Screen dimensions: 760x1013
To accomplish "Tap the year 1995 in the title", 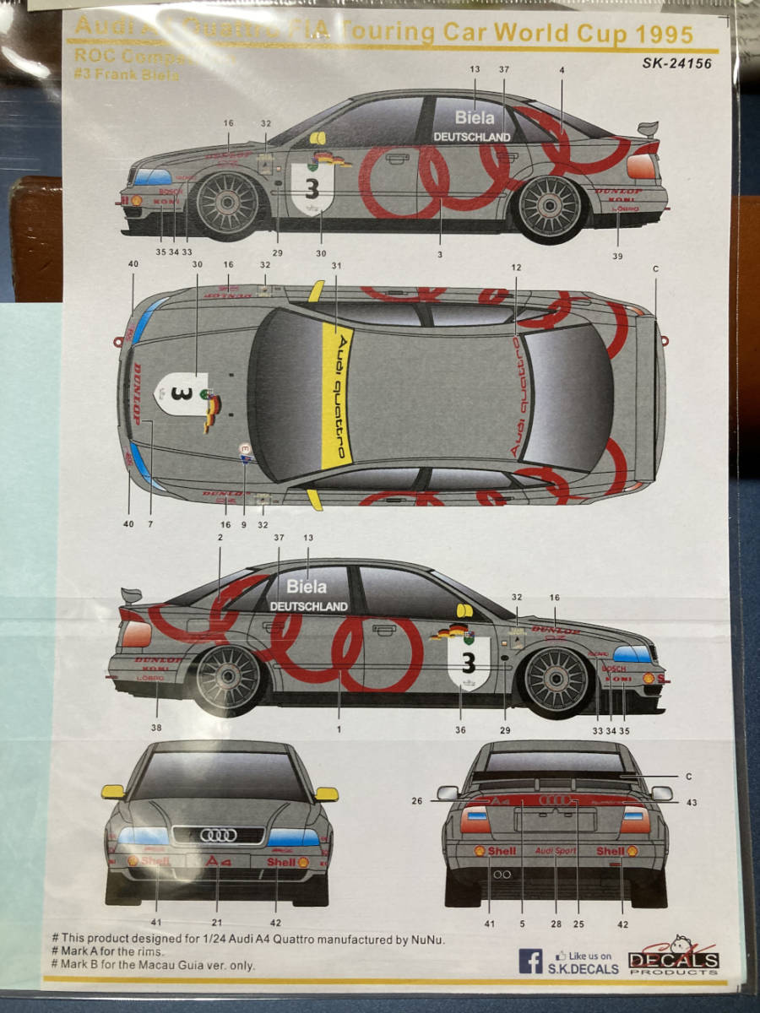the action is [x=664, y=35].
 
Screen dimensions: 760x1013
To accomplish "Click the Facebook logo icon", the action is [x=531, y=961].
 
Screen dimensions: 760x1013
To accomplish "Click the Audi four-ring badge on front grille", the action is [x=219, y=835].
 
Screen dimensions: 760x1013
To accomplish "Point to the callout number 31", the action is [x=336, y=265].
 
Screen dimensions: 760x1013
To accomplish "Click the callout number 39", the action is [x=618, y=256].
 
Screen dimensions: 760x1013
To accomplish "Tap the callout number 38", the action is [x=156, y=727].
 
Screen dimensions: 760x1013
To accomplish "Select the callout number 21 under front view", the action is [x=217, y=923].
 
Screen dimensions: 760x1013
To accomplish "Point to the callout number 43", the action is [x=692, y=802].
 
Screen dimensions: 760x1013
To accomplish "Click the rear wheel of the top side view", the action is [x=551, y=206].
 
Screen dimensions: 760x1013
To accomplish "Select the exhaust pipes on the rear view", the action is [x=502, y=874].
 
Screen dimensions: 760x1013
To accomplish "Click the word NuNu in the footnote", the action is [x=428, y=939].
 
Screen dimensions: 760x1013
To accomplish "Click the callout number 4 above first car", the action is [x=562, y=71].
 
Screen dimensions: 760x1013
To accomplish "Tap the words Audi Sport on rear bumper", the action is [x=556, y=851].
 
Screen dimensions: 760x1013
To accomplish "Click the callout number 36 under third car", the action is [x=460, y=730].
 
